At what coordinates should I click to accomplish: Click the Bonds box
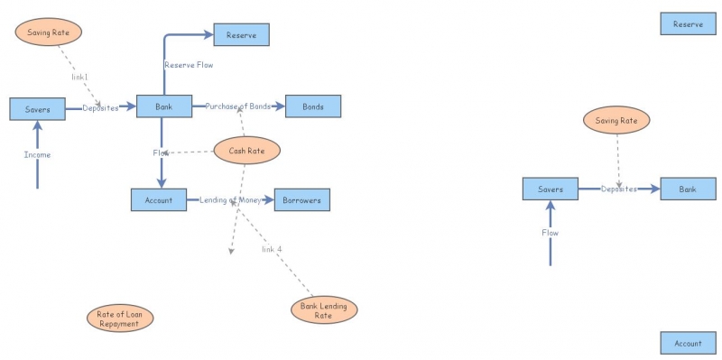click(x=313, y=106)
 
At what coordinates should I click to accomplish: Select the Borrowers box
click(x=302, y=199)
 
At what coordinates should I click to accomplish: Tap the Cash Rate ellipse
click(x=246, y=151)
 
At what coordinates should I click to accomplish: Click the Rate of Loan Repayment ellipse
click(x=120, y=319)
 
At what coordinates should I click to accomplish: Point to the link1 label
click(x=79, y=77)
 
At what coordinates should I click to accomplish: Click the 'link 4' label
click(x=272, y=249)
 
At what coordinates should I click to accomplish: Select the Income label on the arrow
click(x=37, y=155)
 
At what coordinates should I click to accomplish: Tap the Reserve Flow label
click(x=189, y=65)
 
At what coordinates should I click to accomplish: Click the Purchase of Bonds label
click(x=238, y=106)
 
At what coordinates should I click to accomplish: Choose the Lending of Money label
click(x=230, y=199)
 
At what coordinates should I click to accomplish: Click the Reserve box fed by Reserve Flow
click(x=241, y=35)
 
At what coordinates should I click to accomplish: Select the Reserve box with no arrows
click(x=688, y=24)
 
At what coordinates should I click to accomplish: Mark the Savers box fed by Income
click(x=37, y=109)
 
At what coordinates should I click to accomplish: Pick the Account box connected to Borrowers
click(x=158, y=199)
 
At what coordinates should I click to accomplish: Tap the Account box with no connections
click(x=688, y=344)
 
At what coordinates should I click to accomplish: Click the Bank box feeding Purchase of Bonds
click(x=164, y=106)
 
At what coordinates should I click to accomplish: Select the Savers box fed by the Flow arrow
click(x=550, y=189)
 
